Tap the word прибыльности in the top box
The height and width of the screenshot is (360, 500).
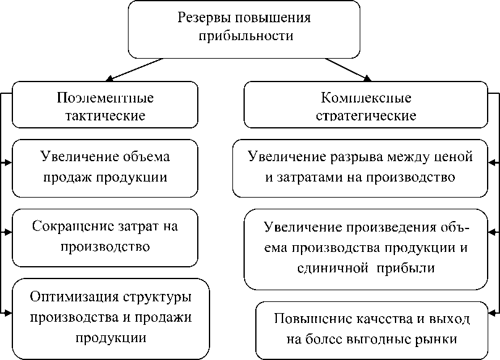[x=245, y=36]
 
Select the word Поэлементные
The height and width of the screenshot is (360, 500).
[x=105, y=98]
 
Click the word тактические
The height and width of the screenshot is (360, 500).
[x=105, y=115]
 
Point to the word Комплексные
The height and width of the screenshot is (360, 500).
[x=367, y=98]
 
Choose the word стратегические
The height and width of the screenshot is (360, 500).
[x=367, y=115]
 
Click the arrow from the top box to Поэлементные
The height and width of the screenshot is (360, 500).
[x=136, y=69]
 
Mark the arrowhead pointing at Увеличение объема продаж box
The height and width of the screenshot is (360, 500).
[x=8, y=163]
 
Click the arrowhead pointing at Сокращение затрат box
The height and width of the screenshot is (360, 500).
[x=8, y=232]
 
